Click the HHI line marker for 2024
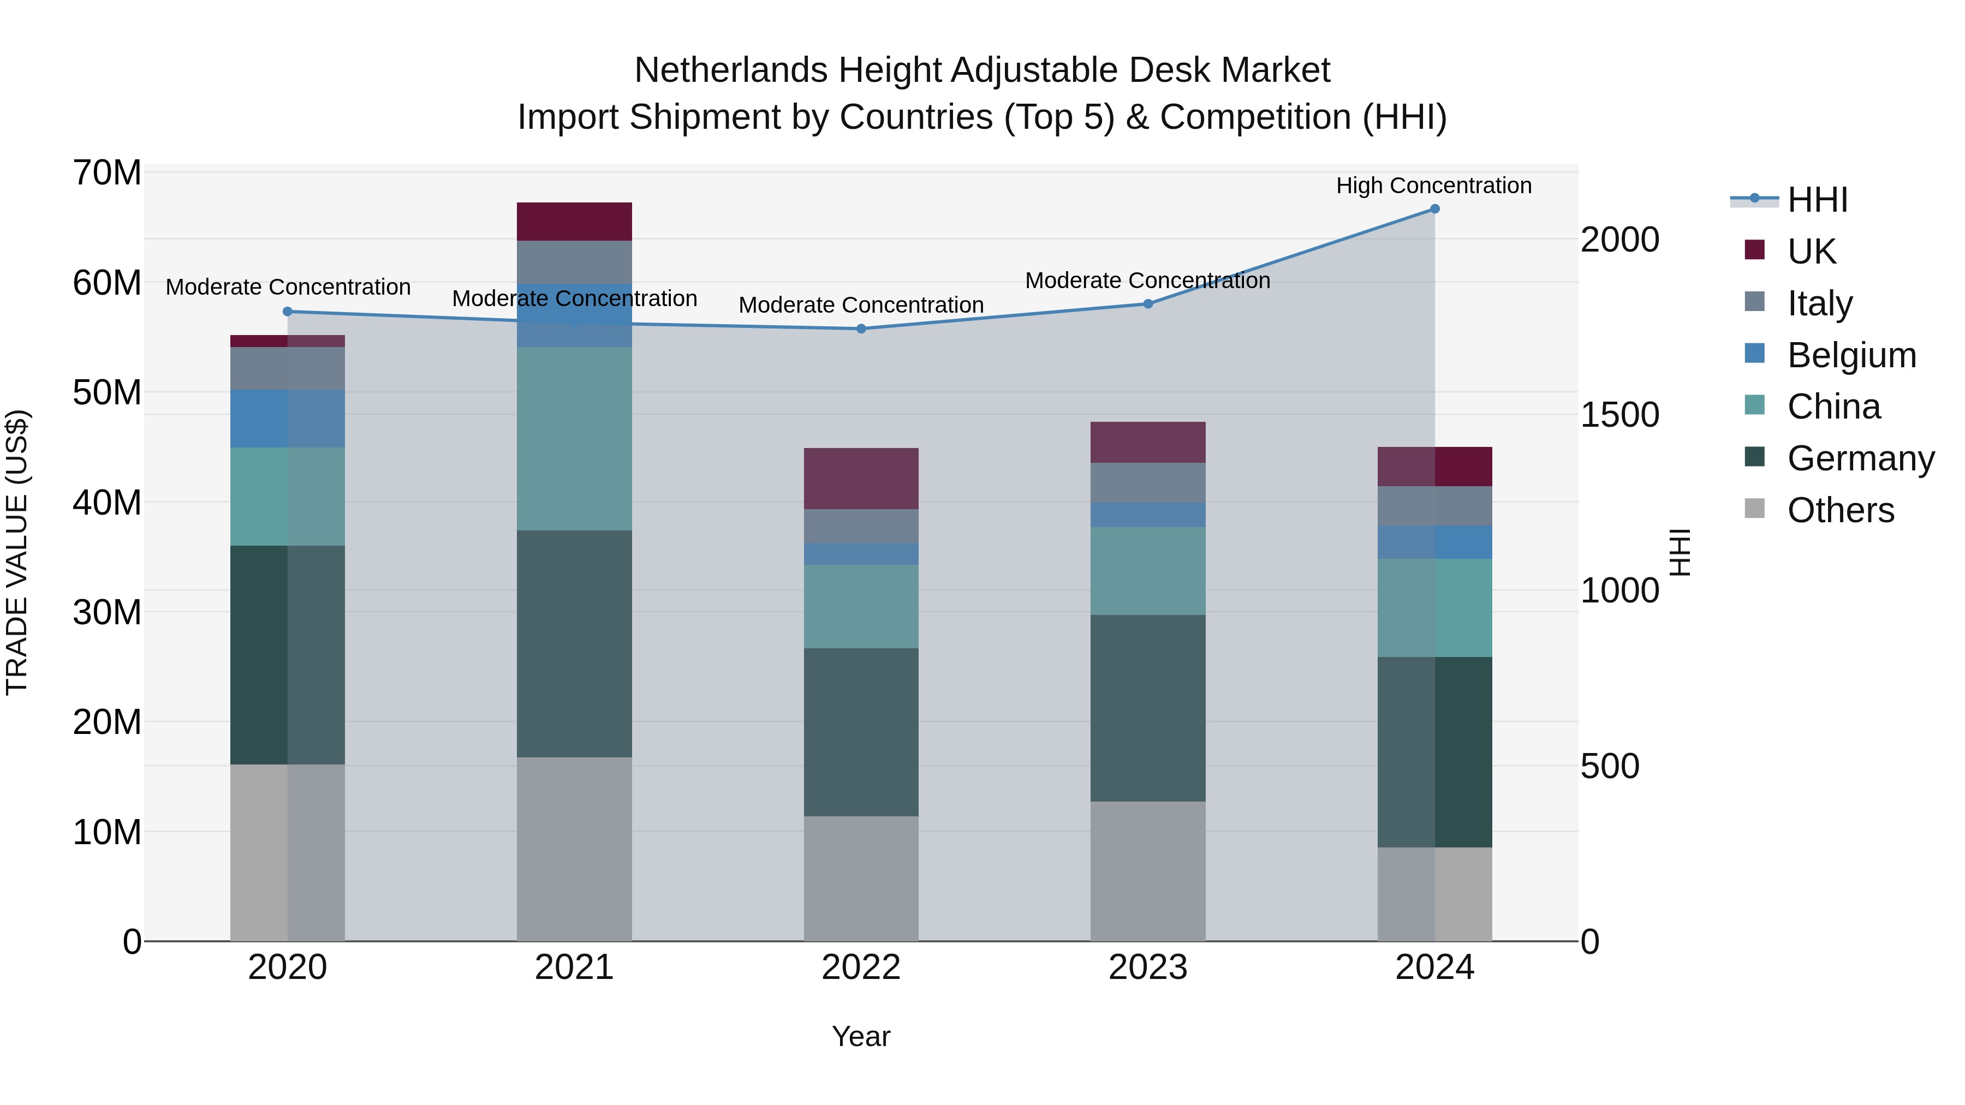[x=1434, y=209]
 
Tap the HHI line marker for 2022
[x=861, y=328]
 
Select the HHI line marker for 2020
[x=288, y=311]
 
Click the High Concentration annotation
[x=1433, y=186]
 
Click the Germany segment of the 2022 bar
[x=861, y=732]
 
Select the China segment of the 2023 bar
[x=1147, y=571]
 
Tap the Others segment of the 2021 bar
[x=574, y=848]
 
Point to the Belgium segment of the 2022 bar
[x=861, y=554]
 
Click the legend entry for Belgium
[x=1851, y=355]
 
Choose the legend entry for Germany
[x=1861, y=458]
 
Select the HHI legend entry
[x=1817, y=200]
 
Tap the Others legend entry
[x=1840, y=510]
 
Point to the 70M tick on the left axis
[x=107, y=173]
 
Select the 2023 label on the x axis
[x=1147, y=967]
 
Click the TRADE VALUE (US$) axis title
[x=17, y=552]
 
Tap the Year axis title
[x=861, y=1036]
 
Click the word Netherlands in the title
[x=731, y=70]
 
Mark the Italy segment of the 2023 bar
[x=1147, y=483]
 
